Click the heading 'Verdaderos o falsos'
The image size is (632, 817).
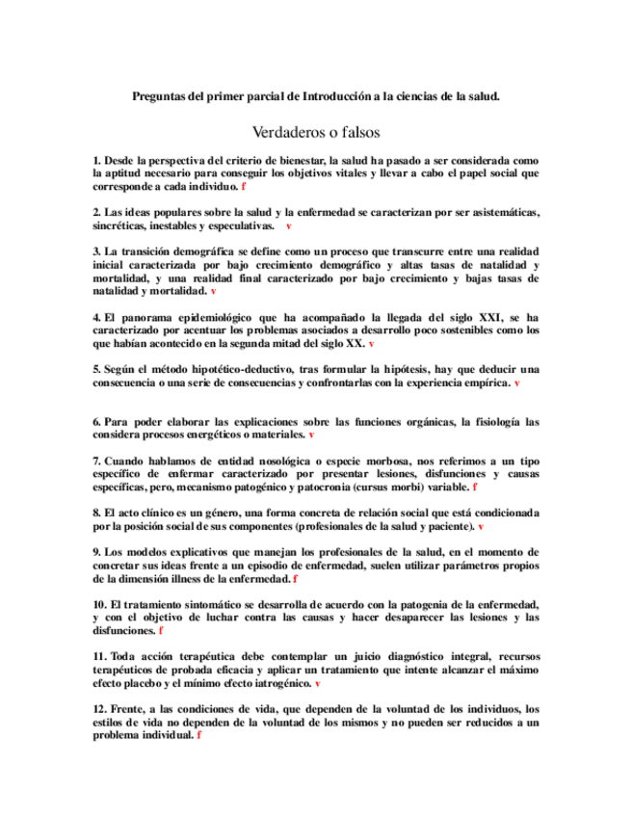pyautogui.click(x=316, y=131)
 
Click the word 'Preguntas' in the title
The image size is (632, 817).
pyautogui.click(x=160, y=96)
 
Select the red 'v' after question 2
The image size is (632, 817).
pyautogui.click(x=288, y=225)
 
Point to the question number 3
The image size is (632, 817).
pyautogui.click(x=97, y=250)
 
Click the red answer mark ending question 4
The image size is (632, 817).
pyautogui.click(x=371, y=342)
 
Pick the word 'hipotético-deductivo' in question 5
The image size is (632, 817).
pyautogui.click(x=223, y=369)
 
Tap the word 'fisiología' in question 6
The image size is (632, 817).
pyautogui.click(x=493, y=422)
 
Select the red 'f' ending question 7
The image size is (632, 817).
pyautogui.click(x=474, y=488)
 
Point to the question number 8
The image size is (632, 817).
pyautogui.click(x=97, y=514)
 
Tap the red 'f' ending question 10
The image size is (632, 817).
pyautogui.click(x=161, y=630)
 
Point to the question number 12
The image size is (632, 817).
pyautogui.click(x=100, y=709)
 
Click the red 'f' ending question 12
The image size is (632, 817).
pyautogui.click(x=198, y=734)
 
